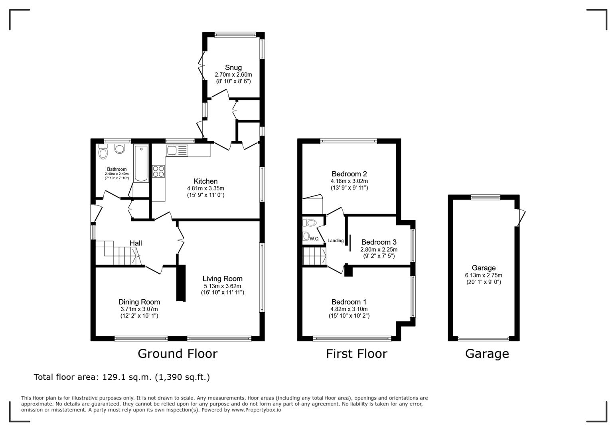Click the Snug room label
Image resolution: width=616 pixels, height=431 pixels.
point(233,67)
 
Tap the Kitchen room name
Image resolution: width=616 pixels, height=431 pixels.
point(205,181)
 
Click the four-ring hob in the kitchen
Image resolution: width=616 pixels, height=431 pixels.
point(158,171)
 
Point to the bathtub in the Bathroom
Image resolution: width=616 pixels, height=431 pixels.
point(141,164)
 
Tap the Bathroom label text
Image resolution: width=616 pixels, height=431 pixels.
point(116,169)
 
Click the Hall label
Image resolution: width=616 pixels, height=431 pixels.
point(136,243)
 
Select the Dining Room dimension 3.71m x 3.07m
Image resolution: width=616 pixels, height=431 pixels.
point(139,309)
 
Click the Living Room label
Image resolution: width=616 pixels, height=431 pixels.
point(222,279)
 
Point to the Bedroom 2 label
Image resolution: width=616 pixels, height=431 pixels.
point(349,174)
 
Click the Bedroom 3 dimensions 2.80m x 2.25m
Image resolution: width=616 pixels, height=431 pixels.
point(379,249)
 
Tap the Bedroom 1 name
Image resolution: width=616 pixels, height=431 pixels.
point(349,302)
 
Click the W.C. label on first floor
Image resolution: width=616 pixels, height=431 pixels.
point(314,239)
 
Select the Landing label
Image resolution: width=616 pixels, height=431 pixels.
point(336,241)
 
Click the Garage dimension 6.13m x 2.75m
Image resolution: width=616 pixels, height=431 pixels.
point(483,275)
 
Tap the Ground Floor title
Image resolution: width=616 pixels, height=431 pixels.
point(178,354)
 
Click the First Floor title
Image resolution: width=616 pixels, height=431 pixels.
point(356,354)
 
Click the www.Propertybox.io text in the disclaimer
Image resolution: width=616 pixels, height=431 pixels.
point(256,410)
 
